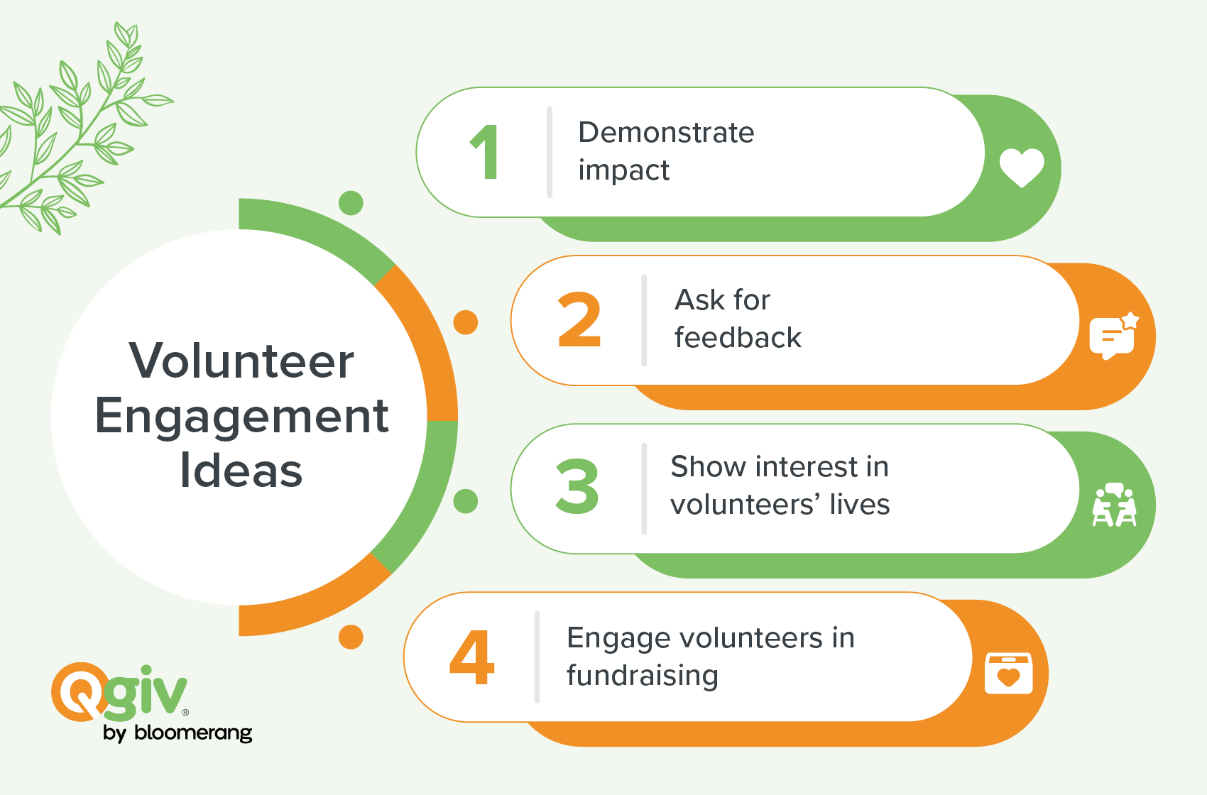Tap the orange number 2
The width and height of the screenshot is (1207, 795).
(x=579, y=319)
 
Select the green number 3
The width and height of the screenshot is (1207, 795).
(x=577, y=486)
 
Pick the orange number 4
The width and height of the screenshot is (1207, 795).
(x=471, y=657)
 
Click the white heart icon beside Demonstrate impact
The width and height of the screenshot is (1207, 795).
(x=1022, y=168)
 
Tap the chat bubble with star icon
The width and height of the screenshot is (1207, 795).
(x=1114, y=336)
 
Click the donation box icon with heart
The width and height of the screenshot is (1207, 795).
(x=1008, y=674)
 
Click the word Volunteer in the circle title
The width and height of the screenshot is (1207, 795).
(x=241, y=361)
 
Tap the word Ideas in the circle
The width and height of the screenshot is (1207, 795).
(x=241, y=470)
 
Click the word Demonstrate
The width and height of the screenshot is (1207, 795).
(x=666, y=133)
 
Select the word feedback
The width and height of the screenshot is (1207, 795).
(x=738, y=338)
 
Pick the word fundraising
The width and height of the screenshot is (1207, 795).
(x=643, y=676)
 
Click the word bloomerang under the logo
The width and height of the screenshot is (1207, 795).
(x=193, y=733)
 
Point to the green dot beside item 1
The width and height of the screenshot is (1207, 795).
(x=351, y=203)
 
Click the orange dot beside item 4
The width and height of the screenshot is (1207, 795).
(x=351, y=637)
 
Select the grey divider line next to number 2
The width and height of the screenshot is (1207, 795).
(x=644, y=320)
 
